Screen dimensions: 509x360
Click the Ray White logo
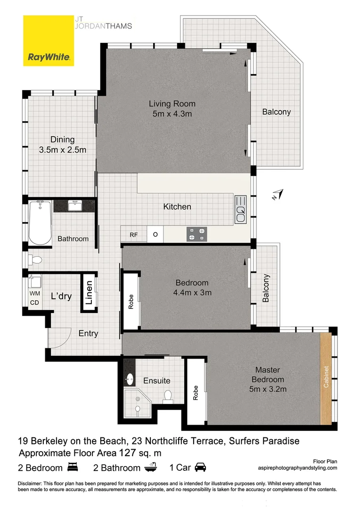click(x=49, y=41)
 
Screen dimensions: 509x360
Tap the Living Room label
click(x=172, y=104)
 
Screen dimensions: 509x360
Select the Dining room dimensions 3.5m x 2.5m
click(x=63, y=150)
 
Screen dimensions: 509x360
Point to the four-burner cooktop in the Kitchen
click(x=197, y=234)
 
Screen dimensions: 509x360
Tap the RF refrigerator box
click(x=134, y=234)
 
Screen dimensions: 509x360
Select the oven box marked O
click(x=155, y=234)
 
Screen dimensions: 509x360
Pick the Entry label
click(x=88, y=334)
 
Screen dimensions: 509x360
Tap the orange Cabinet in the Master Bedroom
click(x=326, y=379)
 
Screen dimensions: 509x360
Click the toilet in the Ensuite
click(x=167, y=396)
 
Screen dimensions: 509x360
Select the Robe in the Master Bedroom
click(x=196, y=393)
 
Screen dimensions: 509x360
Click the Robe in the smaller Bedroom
click(x=131, y=302)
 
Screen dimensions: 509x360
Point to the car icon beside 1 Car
click(x=200, y=467)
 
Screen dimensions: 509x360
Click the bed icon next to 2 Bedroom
click(x=73, y=467)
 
